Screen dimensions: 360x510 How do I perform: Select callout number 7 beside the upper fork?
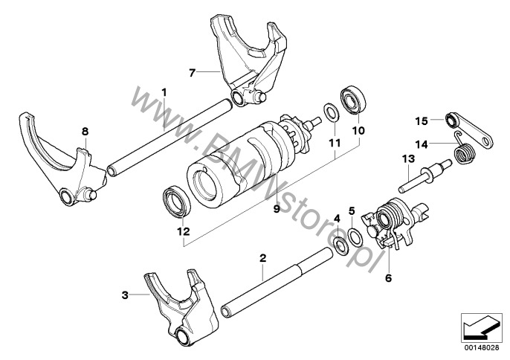coord(192,72)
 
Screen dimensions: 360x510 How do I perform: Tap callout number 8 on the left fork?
coord(85,132)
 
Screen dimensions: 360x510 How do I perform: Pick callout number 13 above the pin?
coord(407,158)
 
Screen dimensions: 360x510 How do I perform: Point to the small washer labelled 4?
coord(339,243)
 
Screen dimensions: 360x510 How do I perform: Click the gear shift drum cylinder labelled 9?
coord(230,164)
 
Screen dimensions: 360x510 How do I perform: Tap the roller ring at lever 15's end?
coord(450,121)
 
